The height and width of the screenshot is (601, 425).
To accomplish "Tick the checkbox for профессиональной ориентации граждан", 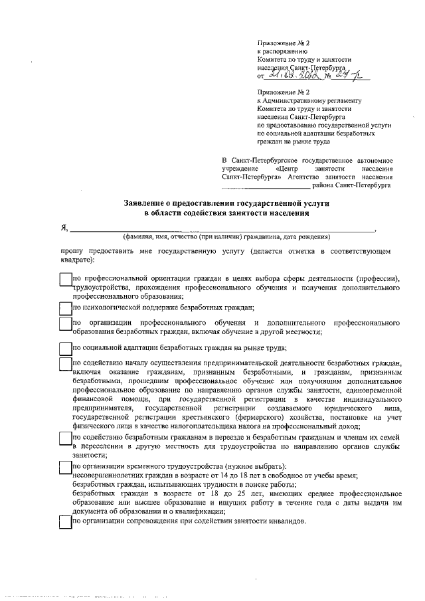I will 65,280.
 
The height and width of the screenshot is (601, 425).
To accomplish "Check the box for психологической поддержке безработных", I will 65,307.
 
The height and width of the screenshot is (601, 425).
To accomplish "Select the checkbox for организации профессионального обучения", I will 65,325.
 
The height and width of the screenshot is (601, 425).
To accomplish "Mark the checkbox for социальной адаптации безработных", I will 65,348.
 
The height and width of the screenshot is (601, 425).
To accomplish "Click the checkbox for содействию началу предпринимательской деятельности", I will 65,365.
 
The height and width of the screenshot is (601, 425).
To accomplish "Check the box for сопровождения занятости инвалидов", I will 65,522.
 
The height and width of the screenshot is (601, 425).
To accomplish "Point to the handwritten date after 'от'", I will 291,76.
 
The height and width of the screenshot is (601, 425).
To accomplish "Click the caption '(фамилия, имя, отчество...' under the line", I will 226,236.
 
